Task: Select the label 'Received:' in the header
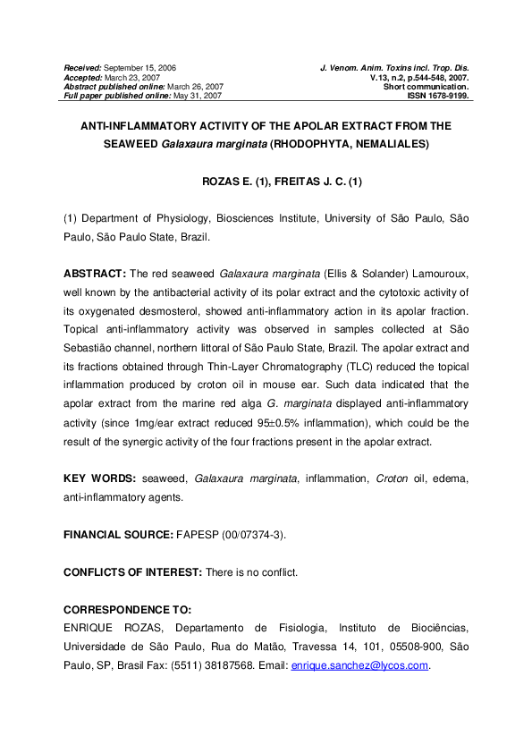tap(83, 68)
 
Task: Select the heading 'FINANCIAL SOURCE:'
tap(119, 534)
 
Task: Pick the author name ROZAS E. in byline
tap(220, 182)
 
